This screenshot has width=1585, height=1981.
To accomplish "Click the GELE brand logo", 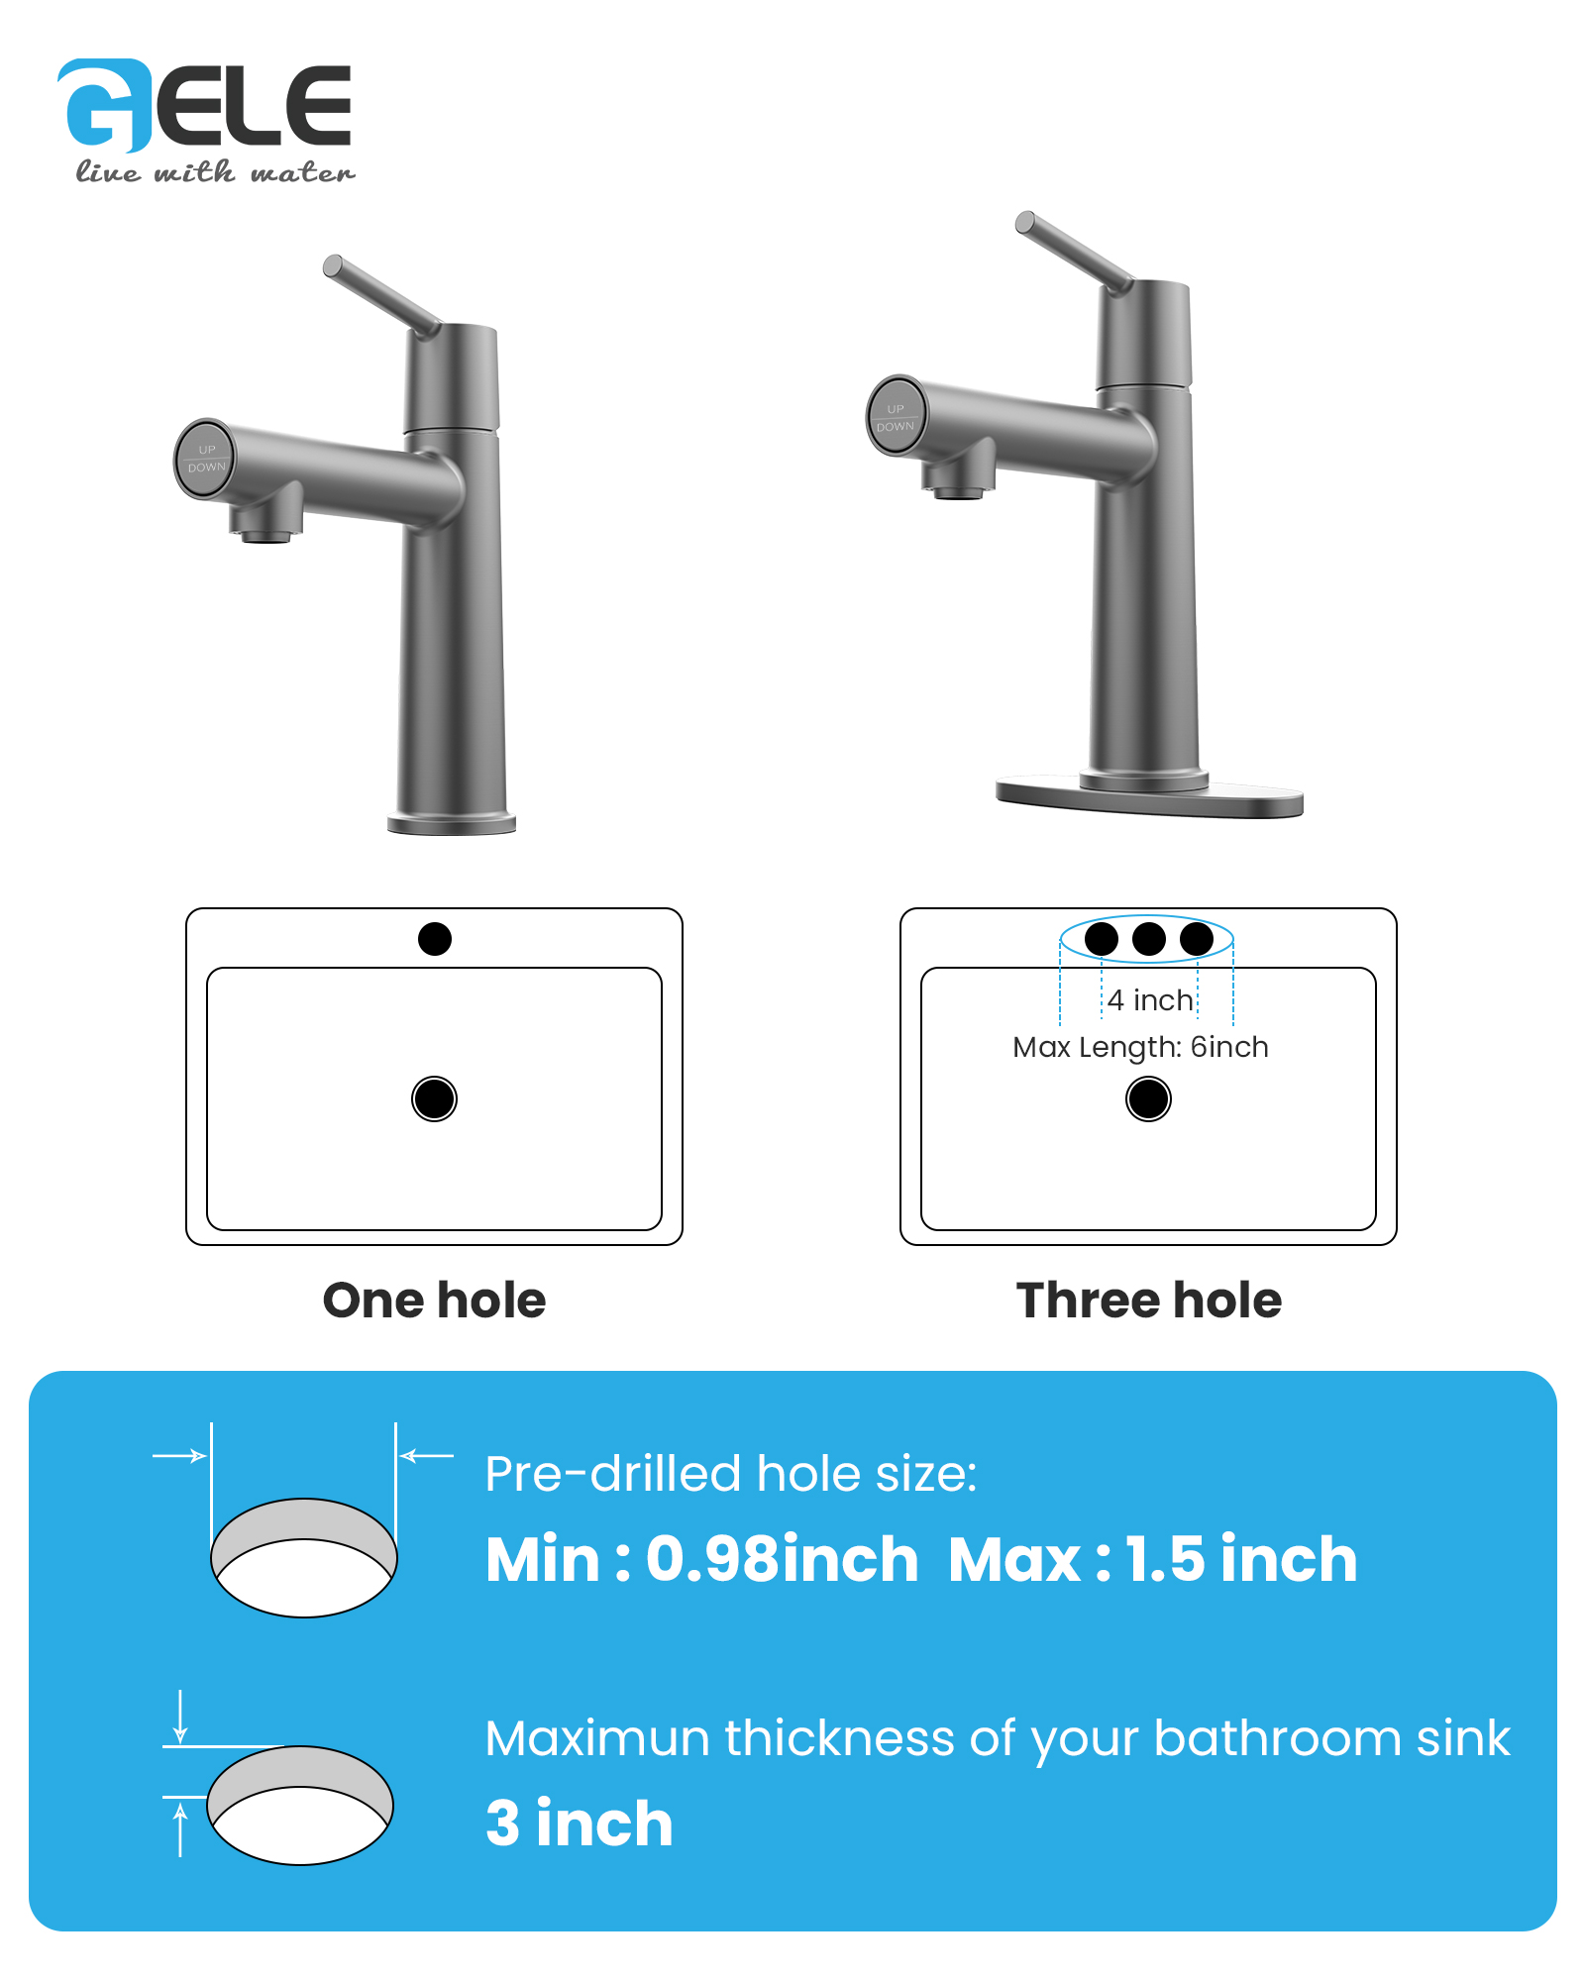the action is (x=204, y=106).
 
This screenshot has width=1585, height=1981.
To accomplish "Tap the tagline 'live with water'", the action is (x=215, y=172).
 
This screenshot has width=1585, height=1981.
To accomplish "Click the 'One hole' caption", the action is (x=434, y=1300).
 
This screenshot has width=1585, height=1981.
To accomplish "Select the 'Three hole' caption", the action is (x=1148, y=1300).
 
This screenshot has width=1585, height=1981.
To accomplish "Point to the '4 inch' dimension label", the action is (x=1150, y=1000).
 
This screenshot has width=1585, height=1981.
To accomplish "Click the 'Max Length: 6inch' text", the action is (x=1140, y=1047).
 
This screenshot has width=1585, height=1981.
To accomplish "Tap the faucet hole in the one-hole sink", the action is (x=435, y=938).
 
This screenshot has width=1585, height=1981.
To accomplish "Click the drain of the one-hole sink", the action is (x=434, y=1098).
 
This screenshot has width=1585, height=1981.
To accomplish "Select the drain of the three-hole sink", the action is (x=1148, y=1098).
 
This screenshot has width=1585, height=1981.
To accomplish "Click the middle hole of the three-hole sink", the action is (x=1149, y=938).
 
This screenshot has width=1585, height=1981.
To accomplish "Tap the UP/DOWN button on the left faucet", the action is (x=206, y=458).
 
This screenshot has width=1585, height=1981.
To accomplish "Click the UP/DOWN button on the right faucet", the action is (x=897, y=416).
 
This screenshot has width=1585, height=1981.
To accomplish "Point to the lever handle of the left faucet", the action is (x=381, y=296).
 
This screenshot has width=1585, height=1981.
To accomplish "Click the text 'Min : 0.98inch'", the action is (x=702, y=1559).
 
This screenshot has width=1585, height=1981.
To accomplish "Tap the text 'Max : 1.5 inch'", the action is (x=1153, y=1559).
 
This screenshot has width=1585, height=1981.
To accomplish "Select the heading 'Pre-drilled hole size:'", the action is (x=731, y=1474).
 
